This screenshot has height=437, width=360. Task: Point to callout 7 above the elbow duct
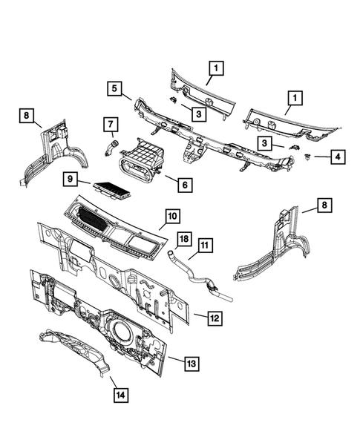click(x=108, y=122)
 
